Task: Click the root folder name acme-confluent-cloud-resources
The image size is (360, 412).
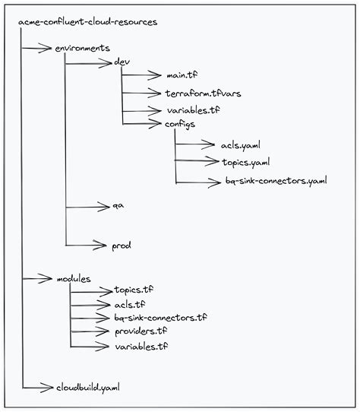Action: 87,22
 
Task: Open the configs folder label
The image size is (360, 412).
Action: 182,123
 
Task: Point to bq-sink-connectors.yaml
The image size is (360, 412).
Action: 276,182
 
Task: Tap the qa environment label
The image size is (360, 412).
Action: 118,206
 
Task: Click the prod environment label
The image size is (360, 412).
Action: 122,246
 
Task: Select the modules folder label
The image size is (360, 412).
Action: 74,279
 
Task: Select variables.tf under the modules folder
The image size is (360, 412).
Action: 141,346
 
